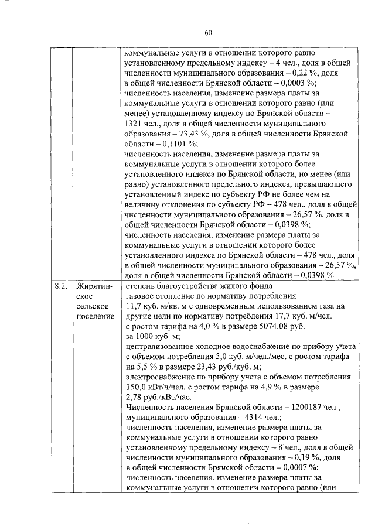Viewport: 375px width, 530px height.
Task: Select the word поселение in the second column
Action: (96, 317)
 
